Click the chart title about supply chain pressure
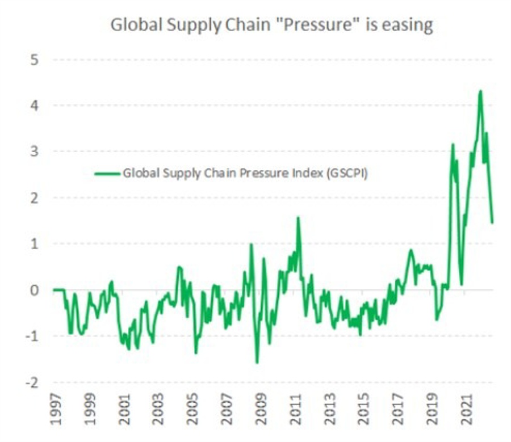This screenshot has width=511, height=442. coord(271,26)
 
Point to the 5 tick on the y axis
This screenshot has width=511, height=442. coord(35,60)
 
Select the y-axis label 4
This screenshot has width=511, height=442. coord(35,106)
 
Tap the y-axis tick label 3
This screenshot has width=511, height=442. coord(35,151)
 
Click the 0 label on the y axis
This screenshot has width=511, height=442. coord(35,290)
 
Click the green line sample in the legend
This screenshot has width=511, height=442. coord(108,174)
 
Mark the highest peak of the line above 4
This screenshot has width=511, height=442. coord(480,91)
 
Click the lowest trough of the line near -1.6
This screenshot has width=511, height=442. coord(257,363)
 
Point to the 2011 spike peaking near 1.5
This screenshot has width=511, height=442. coord(298,218)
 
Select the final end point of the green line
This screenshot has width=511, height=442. coord(492,222)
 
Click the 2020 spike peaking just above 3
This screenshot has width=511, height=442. coord(453,145)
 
